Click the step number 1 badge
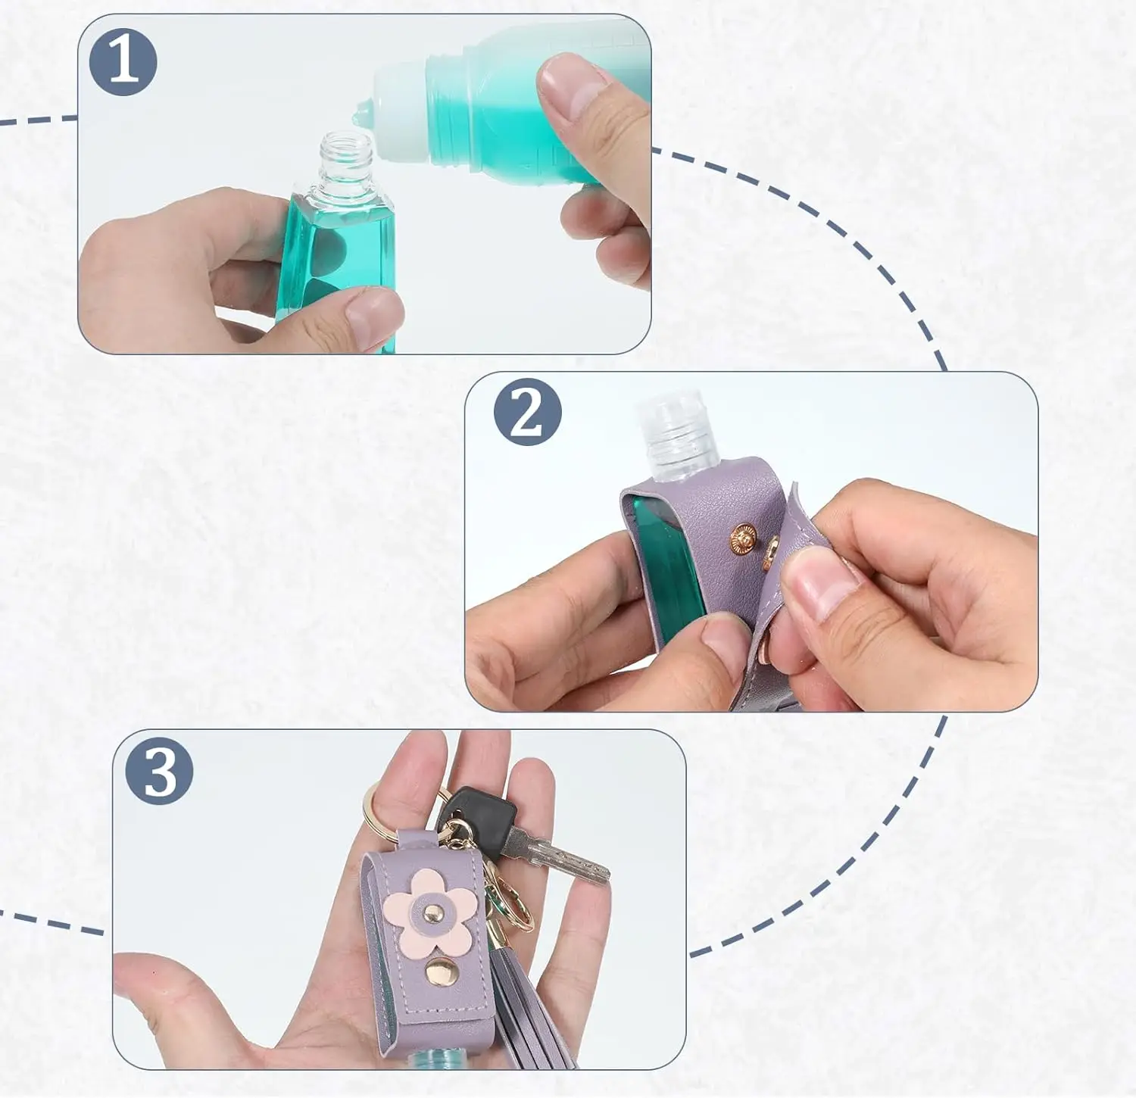point(123,62)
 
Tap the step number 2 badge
point(527,412)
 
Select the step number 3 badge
point(159,772)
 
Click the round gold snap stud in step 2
point(742,539)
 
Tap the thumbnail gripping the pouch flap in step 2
point(818,579)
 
